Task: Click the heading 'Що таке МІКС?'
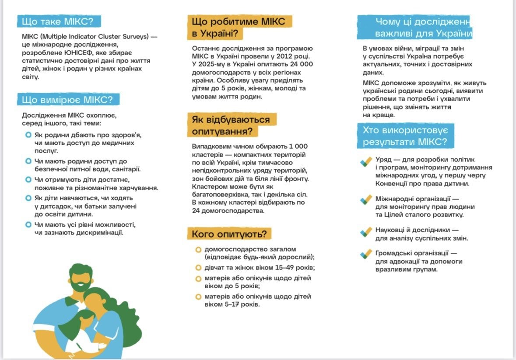tap(59, 22)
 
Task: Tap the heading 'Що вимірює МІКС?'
tap(68, 100)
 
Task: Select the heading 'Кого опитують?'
tap(229, 234)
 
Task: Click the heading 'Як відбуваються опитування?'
tap(231, 125)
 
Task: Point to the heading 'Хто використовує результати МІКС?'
tap(405, 136)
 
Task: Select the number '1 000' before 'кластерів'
tap(298, 147)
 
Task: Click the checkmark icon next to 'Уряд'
tap(366, 161)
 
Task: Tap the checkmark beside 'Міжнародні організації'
tap(366, 200)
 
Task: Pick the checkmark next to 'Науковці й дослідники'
tap(366, 231)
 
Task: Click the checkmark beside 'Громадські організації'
tap(366, 254)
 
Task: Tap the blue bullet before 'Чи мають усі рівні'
tap(28, 225)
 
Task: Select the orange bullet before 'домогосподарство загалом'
tap(198, 249)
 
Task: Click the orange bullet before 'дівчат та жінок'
tap(198, 268)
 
